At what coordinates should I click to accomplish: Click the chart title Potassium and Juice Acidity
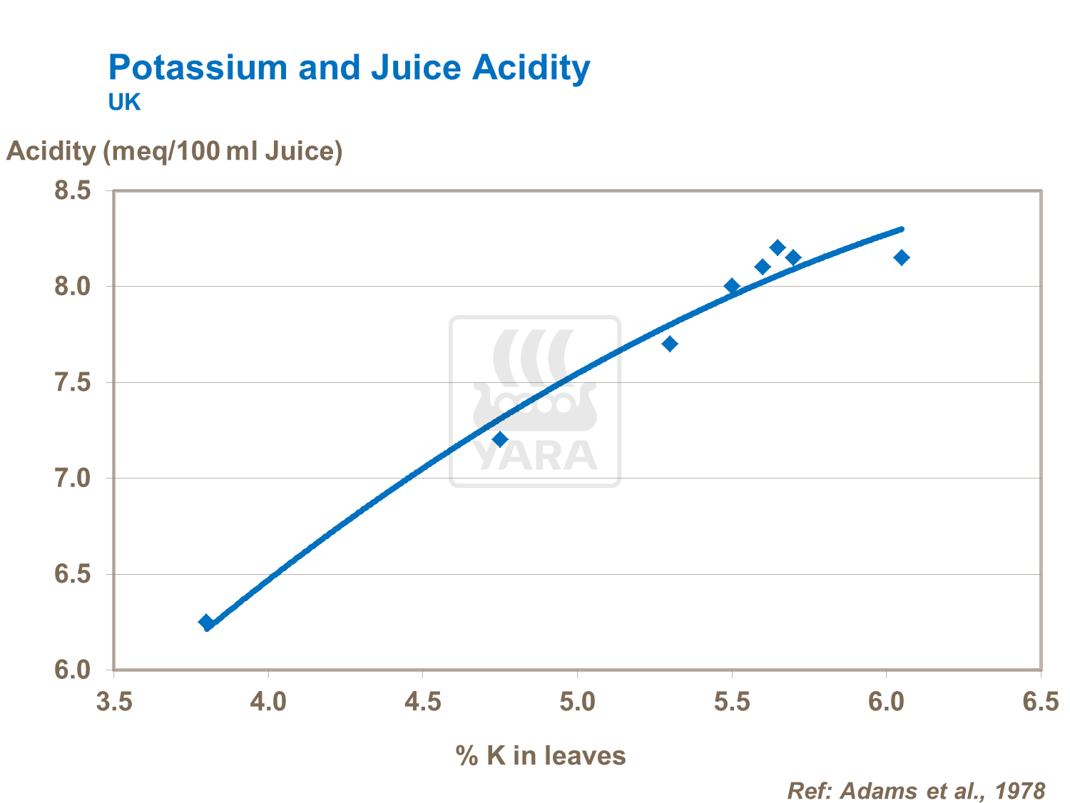click(x=349, y=68)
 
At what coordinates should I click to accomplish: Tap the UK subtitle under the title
click(x=124, y=103)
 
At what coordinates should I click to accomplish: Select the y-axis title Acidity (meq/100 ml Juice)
click(x=175, y=151)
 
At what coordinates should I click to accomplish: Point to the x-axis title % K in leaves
click(x=540, y=755)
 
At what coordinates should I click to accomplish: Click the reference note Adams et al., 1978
click(x=916, y=791)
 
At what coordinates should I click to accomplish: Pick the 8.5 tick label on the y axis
click(x=73, y=191)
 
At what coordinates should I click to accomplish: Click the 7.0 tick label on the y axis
click(x=73, y=479)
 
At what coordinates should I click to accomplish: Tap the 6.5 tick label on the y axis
click(x=73, y=575)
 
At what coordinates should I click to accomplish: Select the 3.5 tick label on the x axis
click(x=114, y=702)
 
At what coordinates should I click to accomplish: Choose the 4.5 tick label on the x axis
click(x=423, y=702)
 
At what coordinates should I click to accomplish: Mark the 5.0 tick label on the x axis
click(x=577, y=702)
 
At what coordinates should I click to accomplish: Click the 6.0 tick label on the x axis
click(x=886, y=702)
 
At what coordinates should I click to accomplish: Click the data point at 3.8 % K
click(x=206, y=622)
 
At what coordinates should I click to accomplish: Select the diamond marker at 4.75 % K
click(x=500, y=439)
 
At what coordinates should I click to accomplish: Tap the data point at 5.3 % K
click(x=670, y=344)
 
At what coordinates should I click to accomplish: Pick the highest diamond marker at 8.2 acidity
click(x=778, y=247)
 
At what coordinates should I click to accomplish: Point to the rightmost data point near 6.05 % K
click(x=902, y=257)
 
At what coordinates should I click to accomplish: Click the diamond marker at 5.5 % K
click(x=732, y=286)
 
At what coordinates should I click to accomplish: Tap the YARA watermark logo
click(x=535, y=401)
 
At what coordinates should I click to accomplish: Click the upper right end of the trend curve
click(x=902, y=229)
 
